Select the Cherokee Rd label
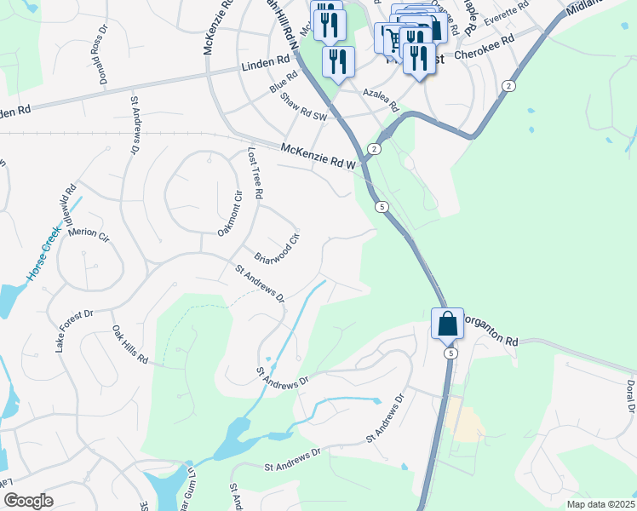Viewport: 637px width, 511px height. [x=485, y=47]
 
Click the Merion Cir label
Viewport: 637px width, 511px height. [x=89, y=233]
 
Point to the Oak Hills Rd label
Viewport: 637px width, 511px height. [x=130, y=346]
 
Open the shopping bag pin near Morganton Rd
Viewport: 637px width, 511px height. [x=447, y=324]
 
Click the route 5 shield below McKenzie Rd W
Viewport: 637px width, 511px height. [x=382, y=207]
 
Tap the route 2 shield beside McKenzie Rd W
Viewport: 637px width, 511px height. [x=374, y=150]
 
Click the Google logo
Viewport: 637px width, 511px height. [x=28, y=501]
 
